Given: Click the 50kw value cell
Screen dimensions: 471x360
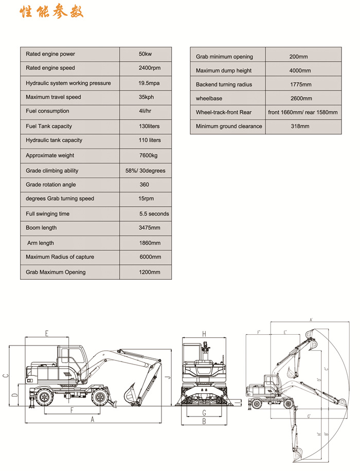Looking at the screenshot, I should (145, 54).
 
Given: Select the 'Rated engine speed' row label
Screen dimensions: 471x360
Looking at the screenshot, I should (50, 68).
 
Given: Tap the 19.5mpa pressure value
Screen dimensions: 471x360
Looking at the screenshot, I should (146, 83).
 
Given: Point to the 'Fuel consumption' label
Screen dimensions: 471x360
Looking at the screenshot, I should (47, 111).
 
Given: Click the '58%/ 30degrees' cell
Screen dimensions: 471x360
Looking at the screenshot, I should (146, 171).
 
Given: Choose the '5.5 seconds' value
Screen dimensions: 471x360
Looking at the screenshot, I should (154, 214).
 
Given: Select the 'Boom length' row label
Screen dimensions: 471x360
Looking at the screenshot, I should (41, 228).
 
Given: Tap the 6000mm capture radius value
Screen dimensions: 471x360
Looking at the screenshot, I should (150, 257).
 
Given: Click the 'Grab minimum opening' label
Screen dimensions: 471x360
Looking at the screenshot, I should (224, 57).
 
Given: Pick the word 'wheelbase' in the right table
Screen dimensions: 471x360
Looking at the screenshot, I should (209, 98).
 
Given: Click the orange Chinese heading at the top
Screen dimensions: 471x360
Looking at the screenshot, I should (51, 12).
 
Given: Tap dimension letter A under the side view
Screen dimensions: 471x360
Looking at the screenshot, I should (93, 419).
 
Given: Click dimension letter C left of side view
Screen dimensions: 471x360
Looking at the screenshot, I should (5, 375).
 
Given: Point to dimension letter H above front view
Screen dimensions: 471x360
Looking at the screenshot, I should (204, 334).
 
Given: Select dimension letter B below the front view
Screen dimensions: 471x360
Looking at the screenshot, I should (204, 422).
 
